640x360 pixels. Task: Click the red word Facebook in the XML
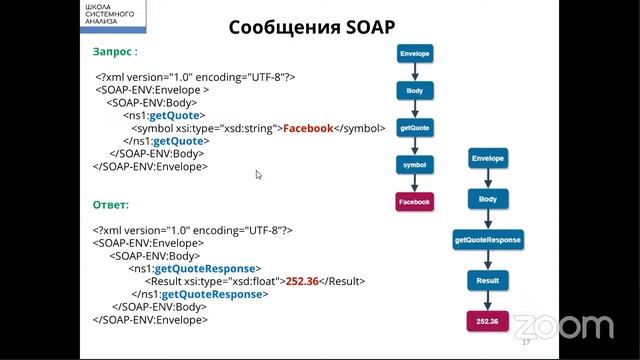pos(307,128)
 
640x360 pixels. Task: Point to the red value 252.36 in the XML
pos(301,282)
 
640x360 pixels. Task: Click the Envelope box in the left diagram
pos(413,53)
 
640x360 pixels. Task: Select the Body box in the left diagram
pos(413,91)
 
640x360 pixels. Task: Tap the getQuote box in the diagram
pos(413,128)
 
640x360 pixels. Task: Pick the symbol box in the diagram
pos(413,164)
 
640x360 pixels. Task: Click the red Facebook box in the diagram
pos(413,202)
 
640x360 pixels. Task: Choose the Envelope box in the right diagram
pos(487,159)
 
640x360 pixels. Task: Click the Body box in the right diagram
pos(487,199)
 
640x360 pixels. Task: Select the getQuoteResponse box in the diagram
pos(487,241)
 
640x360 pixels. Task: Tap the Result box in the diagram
pos(487,282)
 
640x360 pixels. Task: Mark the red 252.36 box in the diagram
pos(487,322)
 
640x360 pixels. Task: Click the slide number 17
pos(526,342)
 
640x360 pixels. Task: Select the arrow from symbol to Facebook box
pos(413,183)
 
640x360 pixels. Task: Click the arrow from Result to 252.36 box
pos(487,302)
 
